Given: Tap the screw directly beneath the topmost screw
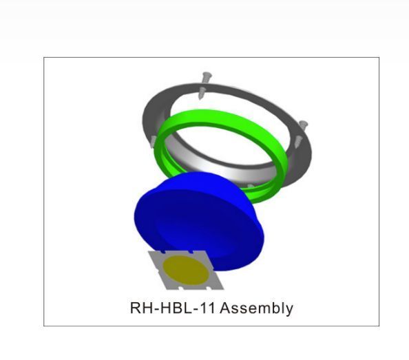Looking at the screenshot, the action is click(x=201, y=93).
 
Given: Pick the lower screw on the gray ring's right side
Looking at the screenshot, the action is click(x=298, y=141).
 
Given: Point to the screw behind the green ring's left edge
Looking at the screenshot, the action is click(x=154, y=141).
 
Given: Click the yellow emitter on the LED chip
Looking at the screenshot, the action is click(x=185, y=270).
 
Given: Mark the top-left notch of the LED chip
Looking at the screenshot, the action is click(x=163, y=253).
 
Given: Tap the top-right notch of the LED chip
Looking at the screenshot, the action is click(x=191, y=252).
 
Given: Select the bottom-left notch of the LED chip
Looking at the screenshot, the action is click(x=180, y=288).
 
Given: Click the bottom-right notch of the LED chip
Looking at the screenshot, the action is click(x=209, y=288).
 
